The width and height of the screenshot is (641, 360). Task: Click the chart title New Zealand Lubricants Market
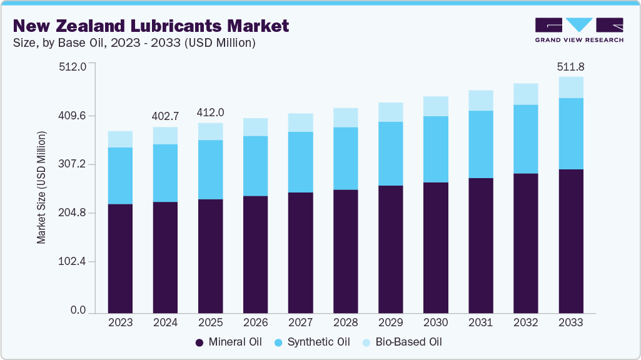[x=151, y=26]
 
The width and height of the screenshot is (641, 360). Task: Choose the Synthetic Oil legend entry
[x=316, y=342]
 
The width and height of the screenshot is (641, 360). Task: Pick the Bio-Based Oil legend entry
[x=405, y=342]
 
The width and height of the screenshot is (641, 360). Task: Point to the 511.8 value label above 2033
[x=571, y=67]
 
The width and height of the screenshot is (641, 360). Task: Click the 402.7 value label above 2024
[x=166, y=116]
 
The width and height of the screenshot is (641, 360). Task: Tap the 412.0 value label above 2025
[x=211, y=112]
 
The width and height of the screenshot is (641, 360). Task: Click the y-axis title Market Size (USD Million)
[x=41, y=187]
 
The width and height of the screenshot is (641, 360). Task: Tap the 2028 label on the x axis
[x=346, y=323]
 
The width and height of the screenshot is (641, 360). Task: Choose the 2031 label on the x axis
[x=481, y=323]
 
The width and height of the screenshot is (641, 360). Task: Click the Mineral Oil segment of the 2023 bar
[x=120, y=258]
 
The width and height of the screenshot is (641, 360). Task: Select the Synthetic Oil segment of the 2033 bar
[x=571, y=134]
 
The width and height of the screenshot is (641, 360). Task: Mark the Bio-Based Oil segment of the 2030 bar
[x=436, y=106]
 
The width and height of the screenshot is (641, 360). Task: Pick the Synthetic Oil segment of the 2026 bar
[x=256, y=166]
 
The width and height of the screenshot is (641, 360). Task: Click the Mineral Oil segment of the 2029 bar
[x=391, y=249]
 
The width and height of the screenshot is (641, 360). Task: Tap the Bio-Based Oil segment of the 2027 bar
[x=301, y=122]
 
